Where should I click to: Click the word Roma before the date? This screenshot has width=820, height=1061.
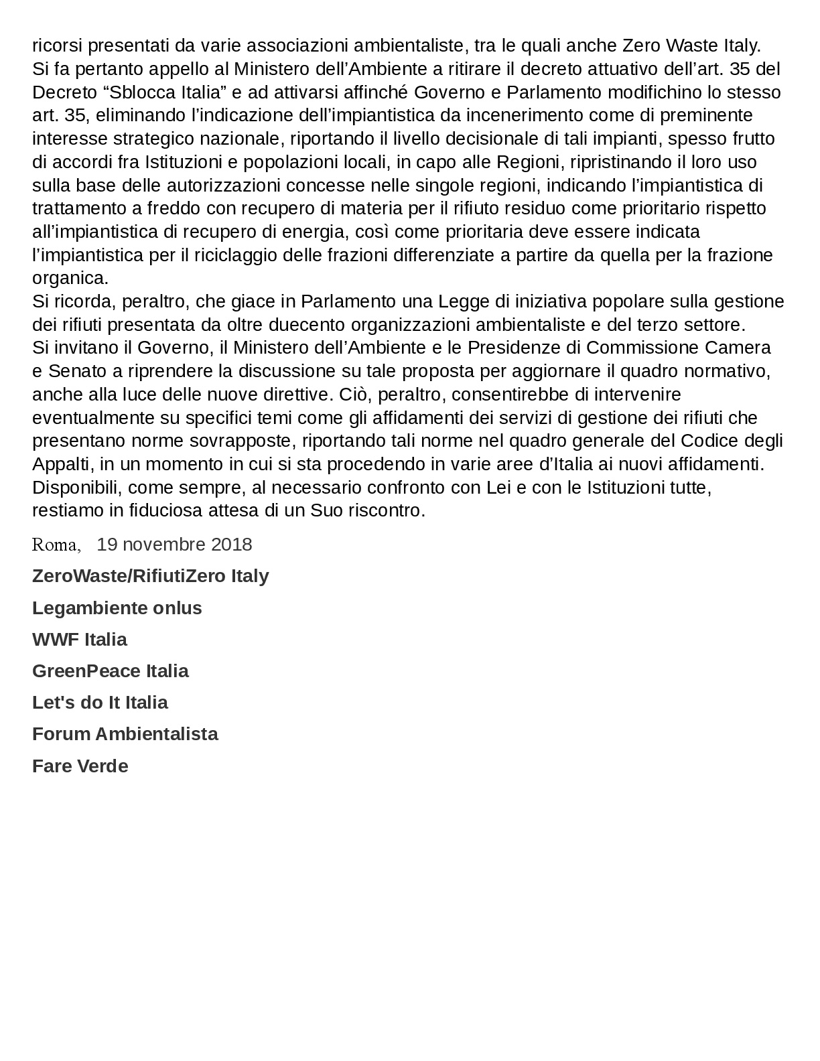[x=56, y=545]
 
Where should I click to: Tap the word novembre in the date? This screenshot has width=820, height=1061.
[x=163, y=544]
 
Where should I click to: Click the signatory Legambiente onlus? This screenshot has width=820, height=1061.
[x=117, y=608]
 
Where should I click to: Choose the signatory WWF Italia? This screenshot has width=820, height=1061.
[x=79, y=639]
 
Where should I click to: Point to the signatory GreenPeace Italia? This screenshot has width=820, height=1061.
[x=110, y=670]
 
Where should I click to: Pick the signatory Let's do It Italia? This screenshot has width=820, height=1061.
[x=100, y=702]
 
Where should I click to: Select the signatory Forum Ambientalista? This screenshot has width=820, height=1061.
[x=125, y=733]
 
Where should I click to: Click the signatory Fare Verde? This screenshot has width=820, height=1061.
[x=80, y=766]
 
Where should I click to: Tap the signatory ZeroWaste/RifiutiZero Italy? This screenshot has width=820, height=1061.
[x=150, y=575]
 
